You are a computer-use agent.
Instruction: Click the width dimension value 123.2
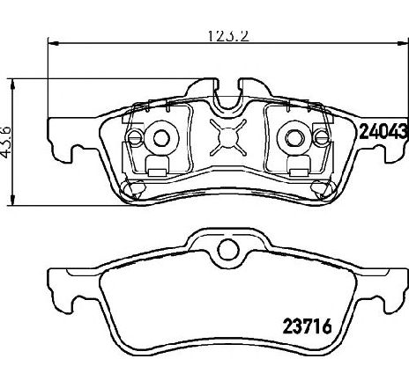coord(228,36)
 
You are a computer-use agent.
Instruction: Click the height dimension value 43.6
coord(5,142)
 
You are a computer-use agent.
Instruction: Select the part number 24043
coord(383,131)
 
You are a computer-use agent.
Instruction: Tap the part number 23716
coord(307,326)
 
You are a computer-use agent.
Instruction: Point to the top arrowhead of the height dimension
coord(12,84)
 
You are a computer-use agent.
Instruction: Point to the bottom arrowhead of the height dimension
coord(12,200)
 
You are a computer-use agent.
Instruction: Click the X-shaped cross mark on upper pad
coord(228,137)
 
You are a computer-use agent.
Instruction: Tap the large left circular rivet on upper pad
coord(161,138)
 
